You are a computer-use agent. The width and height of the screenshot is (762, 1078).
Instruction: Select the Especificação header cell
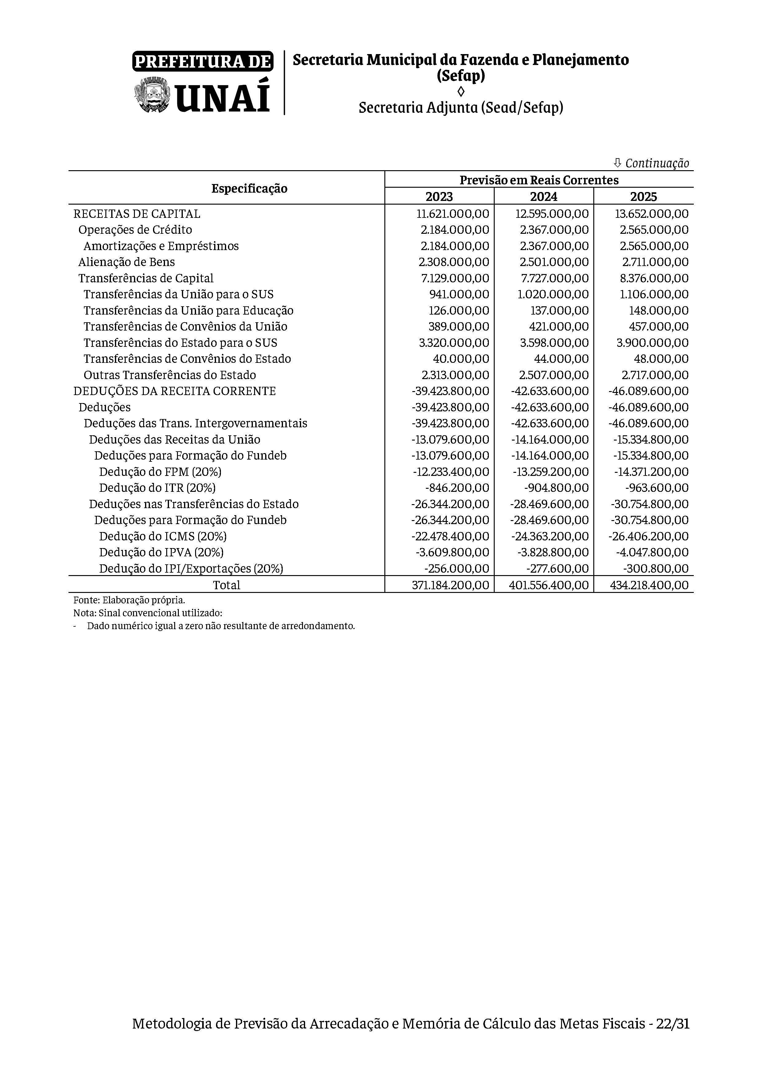pos(249,188)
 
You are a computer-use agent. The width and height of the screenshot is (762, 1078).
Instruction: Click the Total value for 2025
pos(649,585)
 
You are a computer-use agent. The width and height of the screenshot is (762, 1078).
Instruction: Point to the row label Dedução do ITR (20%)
pos(157,488)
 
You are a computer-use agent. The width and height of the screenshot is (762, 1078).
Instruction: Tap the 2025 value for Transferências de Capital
pos(654,278)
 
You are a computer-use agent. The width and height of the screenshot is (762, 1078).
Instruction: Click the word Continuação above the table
pos(657,163)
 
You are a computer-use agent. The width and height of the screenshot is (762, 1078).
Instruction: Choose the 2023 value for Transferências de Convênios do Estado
pos(461,359)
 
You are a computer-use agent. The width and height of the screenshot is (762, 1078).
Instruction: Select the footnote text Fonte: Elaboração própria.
pos(129,600)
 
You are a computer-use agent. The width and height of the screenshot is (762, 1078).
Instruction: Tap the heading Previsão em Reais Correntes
pos(539,180)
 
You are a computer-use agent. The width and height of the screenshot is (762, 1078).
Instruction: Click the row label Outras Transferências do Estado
pos(170,375)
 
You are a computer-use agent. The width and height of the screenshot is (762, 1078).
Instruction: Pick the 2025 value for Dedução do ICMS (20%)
pos(648,536)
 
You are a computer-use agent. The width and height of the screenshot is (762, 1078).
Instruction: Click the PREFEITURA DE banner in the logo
pos(202,61)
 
